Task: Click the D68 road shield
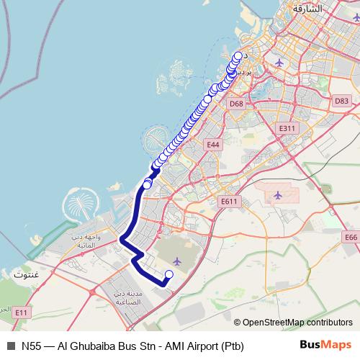pyautogui.click(x=236, y=104)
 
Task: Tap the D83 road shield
pyautogui.click(x=341, y=101)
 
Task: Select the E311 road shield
pyautogui.click(x=287, y=128)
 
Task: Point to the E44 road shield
pyautogui.click(x=212, y=145)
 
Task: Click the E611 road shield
pyautogui.click(x=229, y=202)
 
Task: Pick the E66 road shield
pyautogui.click(x=351, y=237)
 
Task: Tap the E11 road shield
pyautogui.click(x=21, y=312)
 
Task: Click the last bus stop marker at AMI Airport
pyautogui.click(x=169, y=274)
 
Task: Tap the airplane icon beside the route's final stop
pyautogui.click(x=177, y=260)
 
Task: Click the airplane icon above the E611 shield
pyautogui.click(x=278, y=195)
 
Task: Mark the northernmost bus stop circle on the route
pyautogui.click(x=238, y=55)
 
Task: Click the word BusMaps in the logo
pyautogui.click(x=325, y=346)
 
